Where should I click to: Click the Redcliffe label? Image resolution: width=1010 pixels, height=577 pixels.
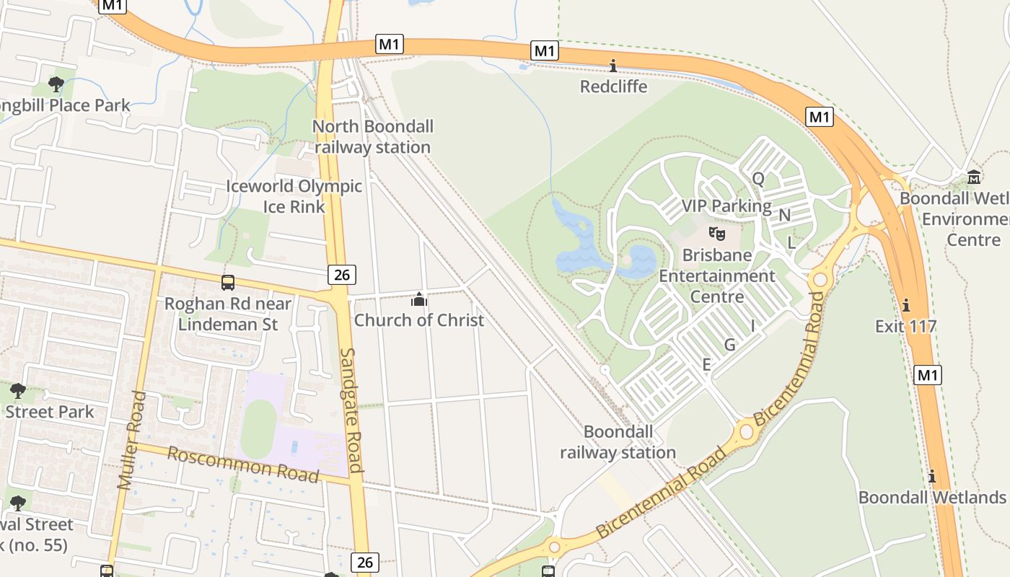pos(614,87)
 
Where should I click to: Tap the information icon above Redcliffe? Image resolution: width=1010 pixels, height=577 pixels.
pos(613,66)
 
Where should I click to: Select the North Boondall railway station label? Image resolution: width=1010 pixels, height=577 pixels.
pos(373,137)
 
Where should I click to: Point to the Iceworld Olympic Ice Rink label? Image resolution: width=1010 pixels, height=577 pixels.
pos(294,196)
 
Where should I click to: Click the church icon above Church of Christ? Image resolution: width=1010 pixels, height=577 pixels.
pos(419,299)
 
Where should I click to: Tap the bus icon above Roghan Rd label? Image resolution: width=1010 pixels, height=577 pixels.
pos(228,283)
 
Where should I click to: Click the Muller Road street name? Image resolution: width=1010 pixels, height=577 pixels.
pos(132,440)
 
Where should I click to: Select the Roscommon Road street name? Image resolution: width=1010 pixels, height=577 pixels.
pos(243,464)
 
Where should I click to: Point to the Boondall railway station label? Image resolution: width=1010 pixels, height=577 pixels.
pos(618,442)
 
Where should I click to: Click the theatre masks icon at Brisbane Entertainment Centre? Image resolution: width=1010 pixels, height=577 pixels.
pos(716,233)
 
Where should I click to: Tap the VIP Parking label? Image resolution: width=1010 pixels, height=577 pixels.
pos(726,206)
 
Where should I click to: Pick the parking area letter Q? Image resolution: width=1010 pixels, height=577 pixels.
pos(758,178)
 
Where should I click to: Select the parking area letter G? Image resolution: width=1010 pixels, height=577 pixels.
pos(729,345)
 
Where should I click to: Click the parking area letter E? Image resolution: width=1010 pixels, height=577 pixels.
pos(706,365)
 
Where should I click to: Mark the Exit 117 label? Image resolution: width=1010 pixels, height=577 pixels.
pos(905,326)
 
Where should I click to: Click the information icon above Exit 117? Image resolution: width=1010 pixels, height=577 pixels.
pos(905,305)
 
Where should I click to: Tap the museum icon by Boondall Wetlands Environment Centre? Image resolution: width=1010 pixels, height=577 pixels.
pos(974,177)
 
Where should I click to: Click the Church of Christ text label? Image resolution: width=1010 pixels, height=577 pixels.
pos(419,320)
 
